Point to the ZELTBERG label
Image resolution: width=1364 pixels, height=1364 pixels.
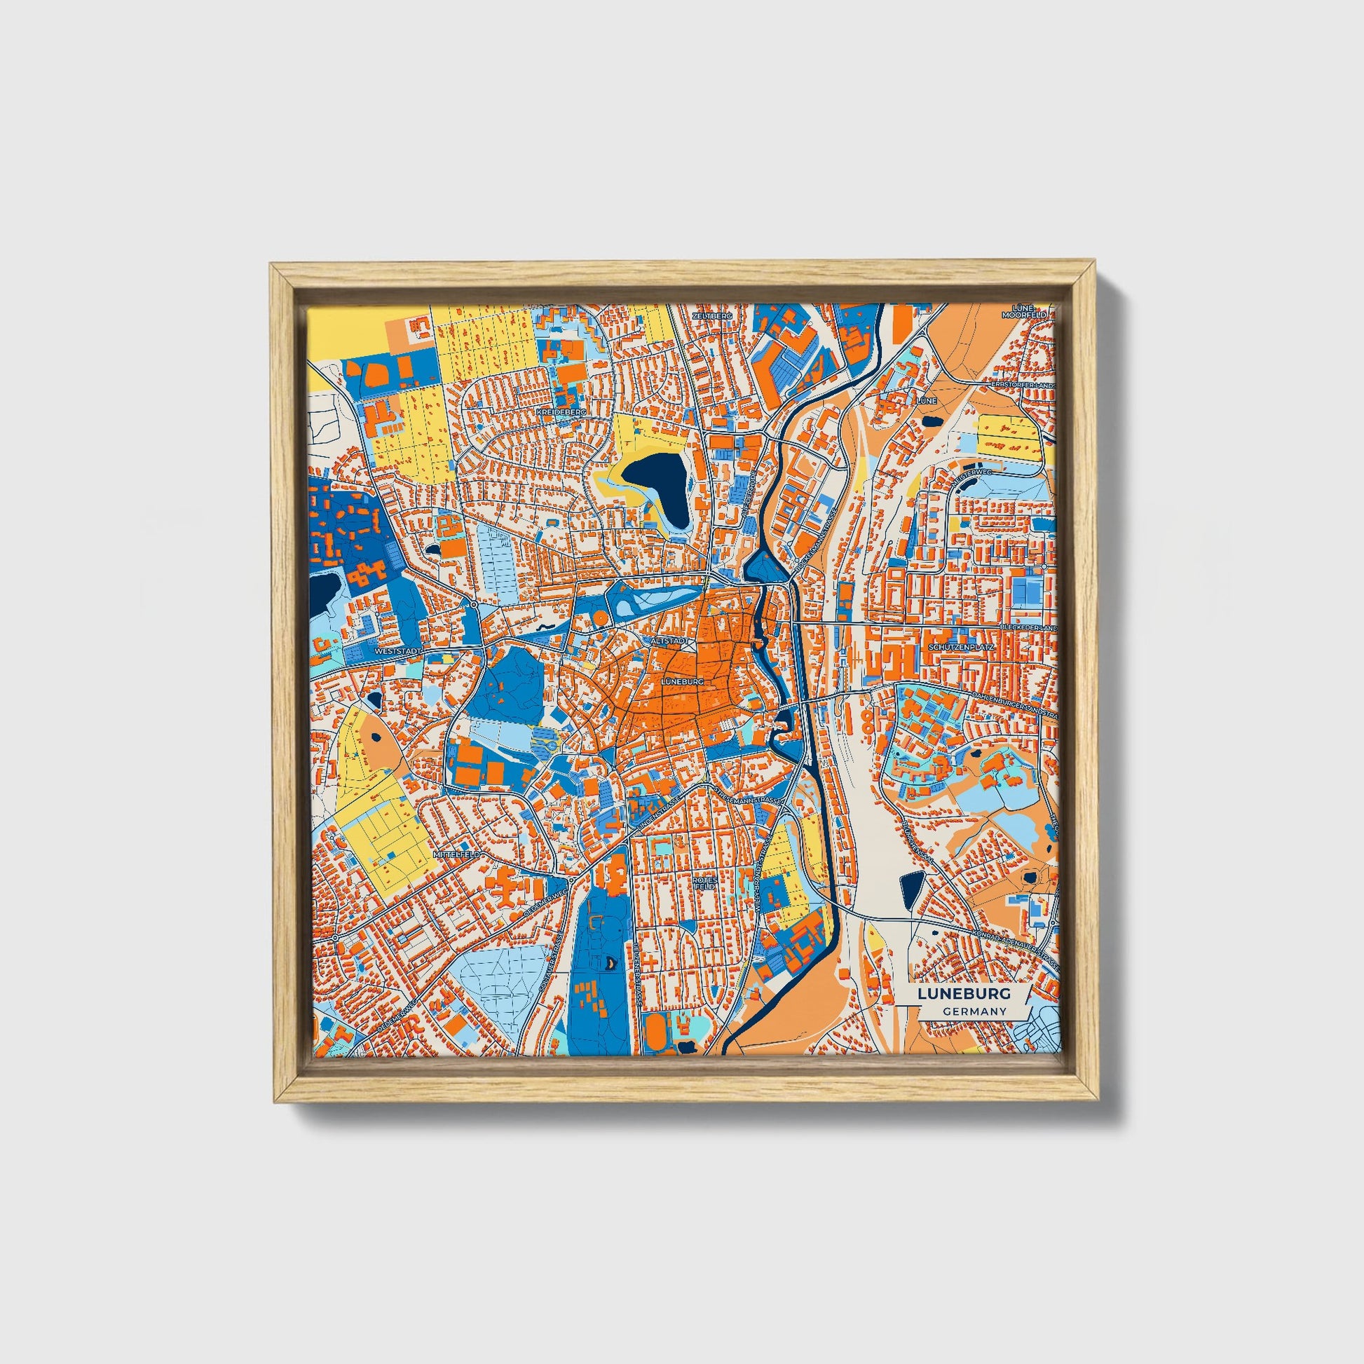[713, 315]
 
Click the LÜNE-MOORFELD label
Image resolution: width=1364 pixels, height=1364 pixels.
[1032, 311]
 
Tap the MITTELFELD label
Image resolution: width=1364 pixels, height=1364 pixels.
[457, 854]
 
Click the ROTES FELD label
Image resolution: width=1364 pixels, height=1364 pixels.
[705, 883]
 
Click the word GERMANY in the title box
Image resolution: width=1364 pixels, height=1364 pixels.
[974, 1011]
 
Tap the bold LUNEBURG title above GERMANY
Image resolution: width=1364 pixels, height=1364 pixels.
[964, 993]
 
